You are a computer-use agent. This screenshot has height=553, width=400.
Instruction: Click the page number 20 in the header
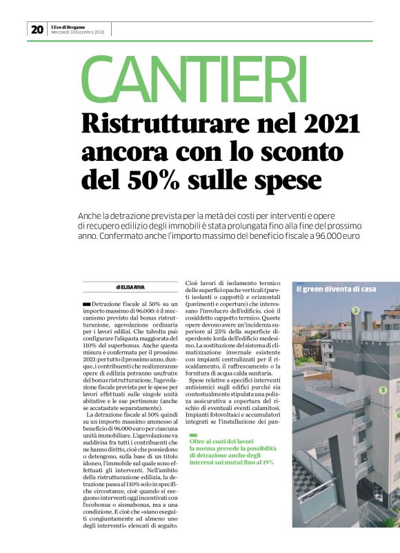[37, 30]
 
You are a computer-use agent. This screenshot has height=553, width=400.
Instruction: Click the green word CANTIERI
[194, 78]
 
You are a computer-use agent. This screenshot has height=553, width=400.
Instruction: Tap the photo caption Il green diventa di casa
[336, 289]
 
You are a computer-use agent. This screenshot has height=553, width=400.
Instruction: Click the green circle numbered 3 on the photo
[355, 311]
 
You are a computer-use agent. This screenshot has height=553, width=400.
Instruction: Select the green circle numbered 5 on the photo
[383, 390]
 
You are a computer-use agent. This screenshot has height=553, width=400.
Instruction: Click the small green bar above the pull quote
[193, 434]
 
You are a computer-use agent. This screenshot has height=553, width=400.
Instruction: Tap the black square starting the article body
[86, 304]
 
